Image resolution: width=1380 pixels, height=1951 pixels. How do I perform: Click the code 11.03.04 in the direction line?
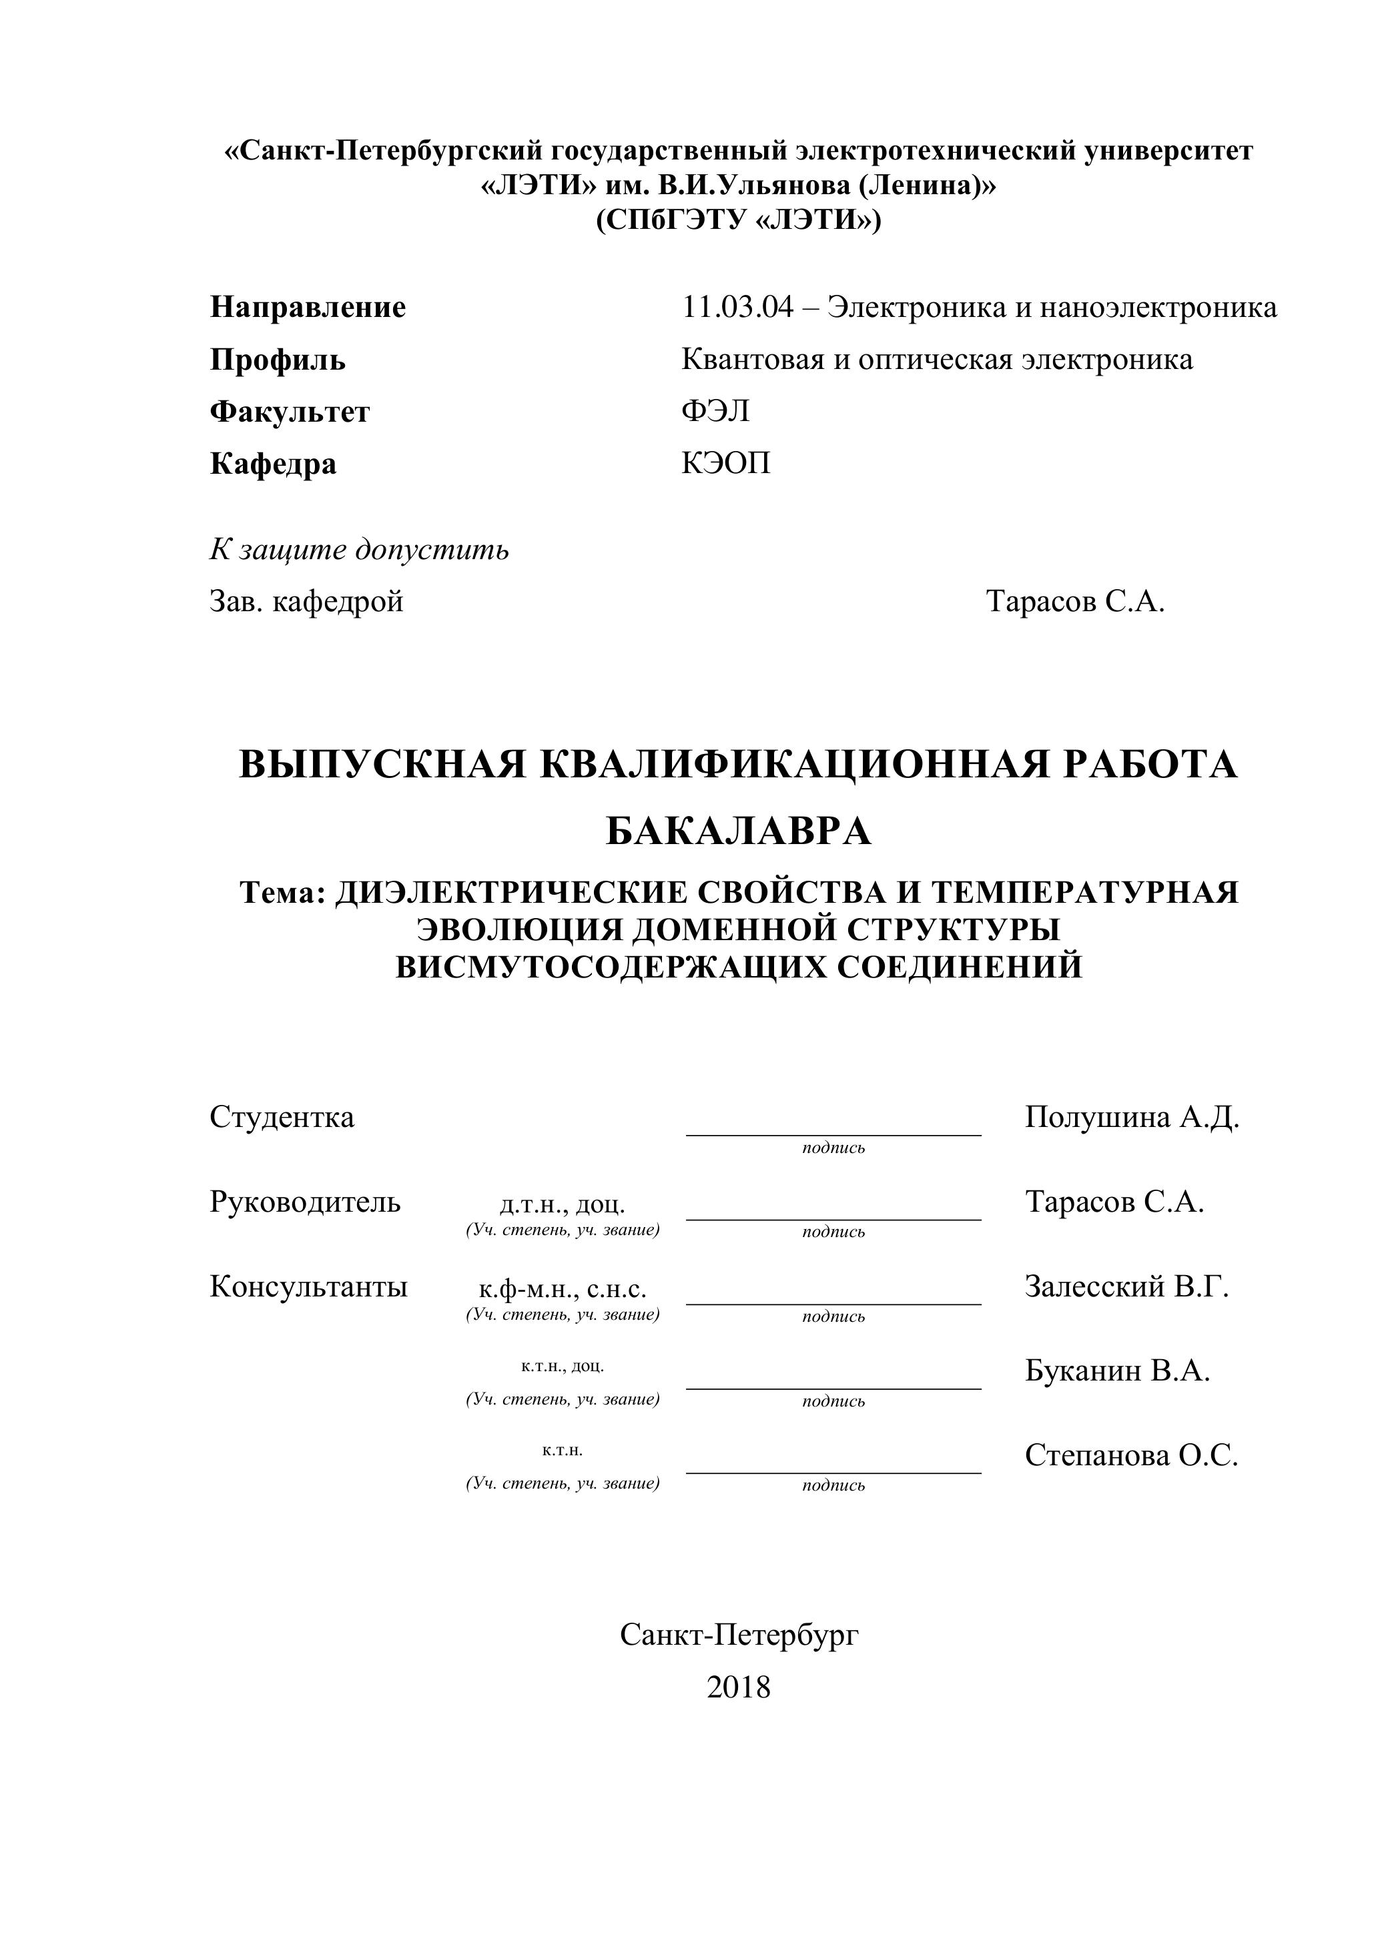[737, 308]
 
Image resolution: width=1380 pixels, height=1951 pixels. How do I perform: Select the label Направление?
[308, 308]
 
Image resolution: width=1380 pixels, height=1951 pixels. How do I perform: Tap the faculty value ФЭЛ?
[715, 411]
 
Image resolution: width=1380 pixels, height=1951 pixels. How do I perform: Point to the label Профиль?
[278, 360]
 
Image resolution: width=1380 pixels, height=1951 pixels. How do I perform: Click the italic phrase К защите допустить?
[360, 550]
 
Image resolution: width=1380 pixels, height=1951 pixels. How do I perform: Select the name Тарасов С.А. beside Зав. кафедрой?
[1075, 602]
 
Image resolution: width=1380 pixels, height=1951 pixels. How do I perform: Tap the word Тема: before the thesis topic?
[283, 893]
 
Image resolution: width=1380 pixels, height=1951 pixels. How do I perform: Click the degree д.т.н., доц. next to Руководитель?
[563, 1204]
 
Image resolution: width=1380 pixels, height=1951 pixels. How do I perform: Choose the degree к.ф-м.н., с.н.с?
[563, 1289]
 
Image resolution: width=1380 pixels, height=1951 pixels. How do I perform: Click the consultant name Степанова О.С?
[1131, 1456]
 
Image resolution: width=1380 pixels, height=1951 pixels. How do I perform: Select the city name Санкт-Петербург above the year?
[739, 1634]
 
